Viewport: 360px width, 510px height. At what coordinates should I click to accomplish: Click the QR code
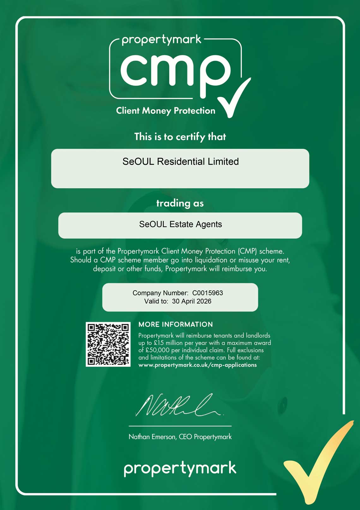pyautogui.click(x=108, y=344)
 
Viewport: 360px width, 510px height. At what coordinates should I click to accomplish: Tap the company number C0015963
pyautogui.click(x=207, y=293)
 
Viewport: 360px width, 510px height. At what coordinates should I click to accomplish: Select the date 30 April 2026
pyautogui.click(x=191, y=301)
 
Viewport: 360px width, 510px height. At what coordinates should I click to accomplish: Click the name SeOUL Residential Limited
pyautogui.click(x=180, y=161)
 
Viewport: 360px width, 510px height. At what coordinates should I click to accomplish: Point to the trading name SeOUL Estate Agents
pyautogui.click(x=180, y=224)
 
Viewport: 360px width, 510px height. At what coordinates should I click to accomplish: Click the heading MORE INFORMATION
pyautogui.click(x=176, y=324)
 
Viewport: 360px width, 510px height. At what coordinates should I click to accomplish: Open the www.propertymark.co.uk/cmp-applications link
pyautogui.click(x=197, y=365)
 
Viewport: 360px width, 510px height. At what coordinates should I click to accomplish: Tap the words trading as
pyautogui.click(x=180, y=203)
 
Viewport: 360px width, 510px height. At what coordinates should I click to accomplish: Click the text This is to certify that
pyautogui.click(x=180, y=137)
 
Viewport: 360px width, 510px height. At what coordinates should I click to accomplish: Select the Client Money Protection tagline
pyautogui.click(x=165, y=111)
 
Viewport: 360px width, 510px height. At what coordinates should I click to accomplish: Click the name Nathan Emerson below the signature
pyautogui.click(x=152, y=437)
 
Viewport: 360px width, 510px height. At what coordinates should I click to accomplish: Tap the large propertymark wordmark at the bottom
pyautogui.click(x=180, y=468)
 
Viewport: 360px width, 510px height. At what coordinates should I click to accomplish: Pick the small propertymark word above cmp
pyautogui.click(x=161, y=40)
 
